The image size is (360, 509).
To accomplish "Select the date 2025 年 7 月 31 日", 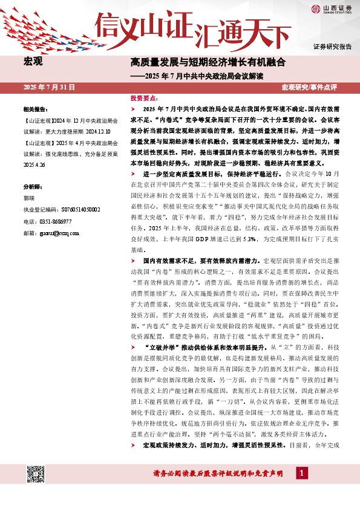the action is tap(49, 87).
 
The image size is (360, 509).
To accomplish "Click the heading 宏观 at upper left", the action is tap(33, 61).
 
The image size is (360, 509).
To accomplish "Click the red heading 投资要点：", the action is tap(144, 97).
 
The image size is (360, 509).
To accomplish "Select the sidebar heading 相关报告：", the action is tap(35, 110).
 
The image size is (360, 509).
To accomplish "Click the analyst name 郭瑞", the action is tap(28, 198).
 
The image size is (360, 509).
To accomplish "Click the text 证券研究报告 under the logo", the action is tap(332, 46).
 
